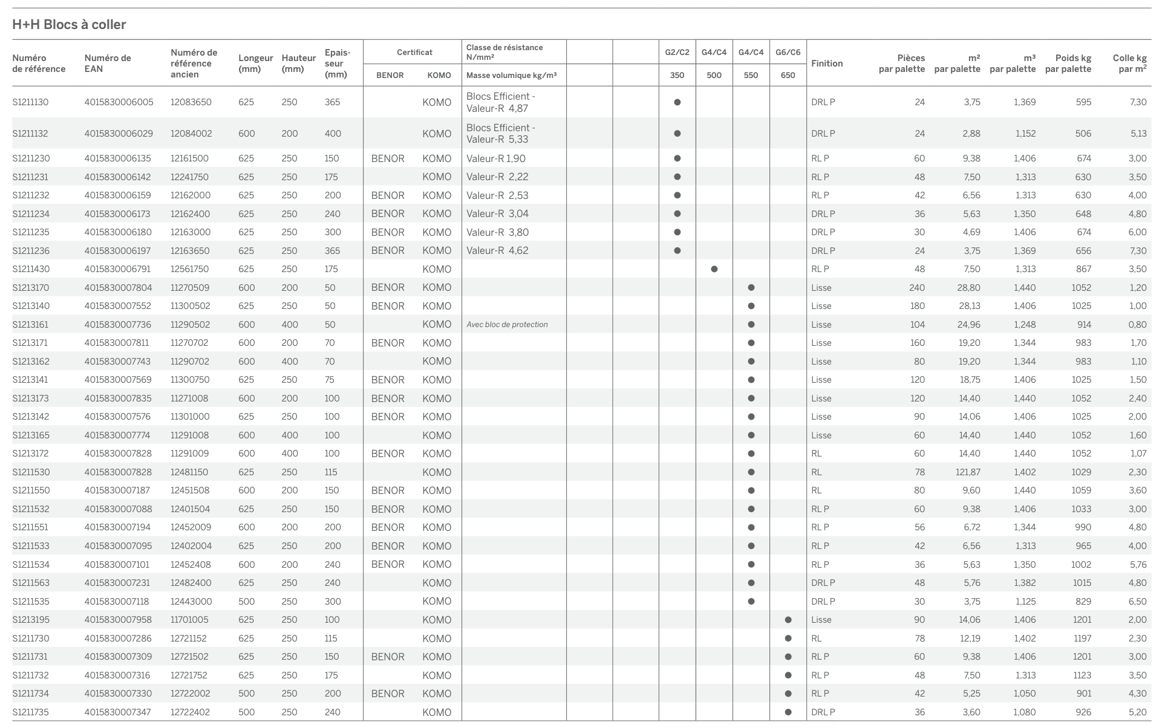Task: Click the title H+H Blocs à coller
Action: coord(69,25)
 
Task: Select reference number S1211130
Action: coord(30,102)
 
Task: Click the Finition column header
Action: coord(827,63)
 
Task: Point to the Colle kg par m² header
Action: coord(1129,63)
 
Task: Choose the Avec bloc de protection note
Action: coord(507,325)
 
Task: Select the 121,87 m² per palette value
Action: coord(968,472)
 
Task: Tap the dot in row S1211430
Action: coord(714,269)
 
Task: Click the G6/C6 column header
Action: coord(788,53)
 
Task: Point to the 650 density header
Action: coord(788,76)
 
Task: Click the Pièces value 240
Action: coord(917,288)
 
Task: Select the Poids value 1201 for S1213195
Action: coord(1082,620)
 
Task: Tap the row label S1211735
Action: coord(30,712)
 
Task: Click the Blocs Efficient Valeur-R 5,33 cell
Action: coord(500,134)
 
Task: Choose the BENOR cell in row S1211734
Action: coord(388,694)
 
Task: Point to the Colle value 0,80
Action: coord(1137,325)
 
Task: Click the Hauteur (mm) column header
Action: coord(298,63)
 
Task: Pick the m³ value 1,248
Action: coord(1025,325)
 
